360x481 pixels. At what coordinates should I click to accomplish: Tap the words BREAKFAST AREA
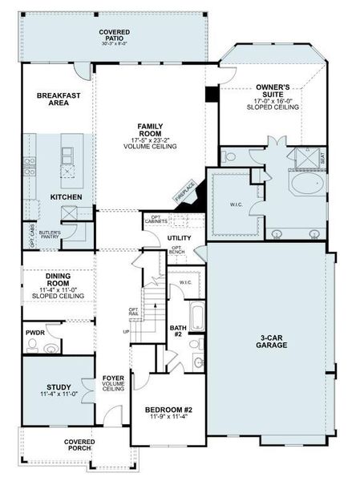pyautogui.click(x=59, y=99)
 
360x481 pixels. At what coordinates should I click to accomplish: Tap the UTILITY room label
pyautogui.click(x=179, y=238)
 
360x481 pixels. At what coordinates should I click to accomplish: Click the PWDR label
pyautogui.click(x=34, y=330)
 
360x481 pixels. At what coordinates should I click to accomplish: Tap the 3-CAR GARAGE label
pyautogui.click(x=273, y=341)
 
